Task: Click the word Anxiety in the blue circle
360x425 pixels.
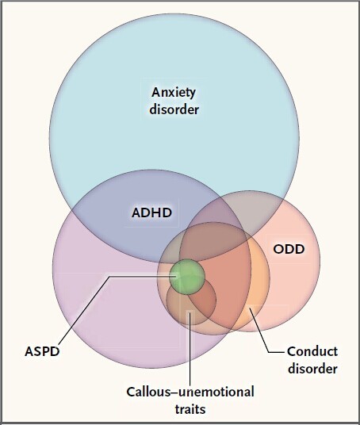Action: [x=174, y=93]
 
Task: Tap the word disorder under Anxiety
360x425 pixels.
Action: [x=174, y=109]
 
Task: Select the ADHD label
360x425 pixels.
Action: [x=151, y=212]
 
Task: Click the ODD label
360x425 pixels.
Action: [x=289, y=249]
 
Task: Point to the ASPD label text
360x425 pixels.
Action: [x=42, y=351]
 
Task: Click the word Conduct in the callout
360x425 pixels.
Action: [x=312, y=351]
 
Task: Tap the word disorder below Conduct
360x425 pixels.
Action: [x=312, y=369]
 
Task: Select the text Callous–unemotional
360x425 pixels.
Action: [x=190, y=392]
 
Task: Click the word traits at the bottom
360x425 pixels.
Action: [x=190, y=409]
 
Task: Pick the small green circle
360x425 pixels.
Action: [x=187, y=277]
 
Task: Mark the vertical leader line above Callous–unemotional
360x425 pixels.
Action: [x=190, y=348]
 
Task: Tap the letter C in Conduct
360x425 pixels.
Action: [x=293, y=351]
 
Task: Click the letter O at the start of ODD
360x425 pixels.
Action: [x=278, y=249]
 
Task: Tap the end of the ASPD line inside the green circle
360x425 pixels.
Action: [x=177, y=277]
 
